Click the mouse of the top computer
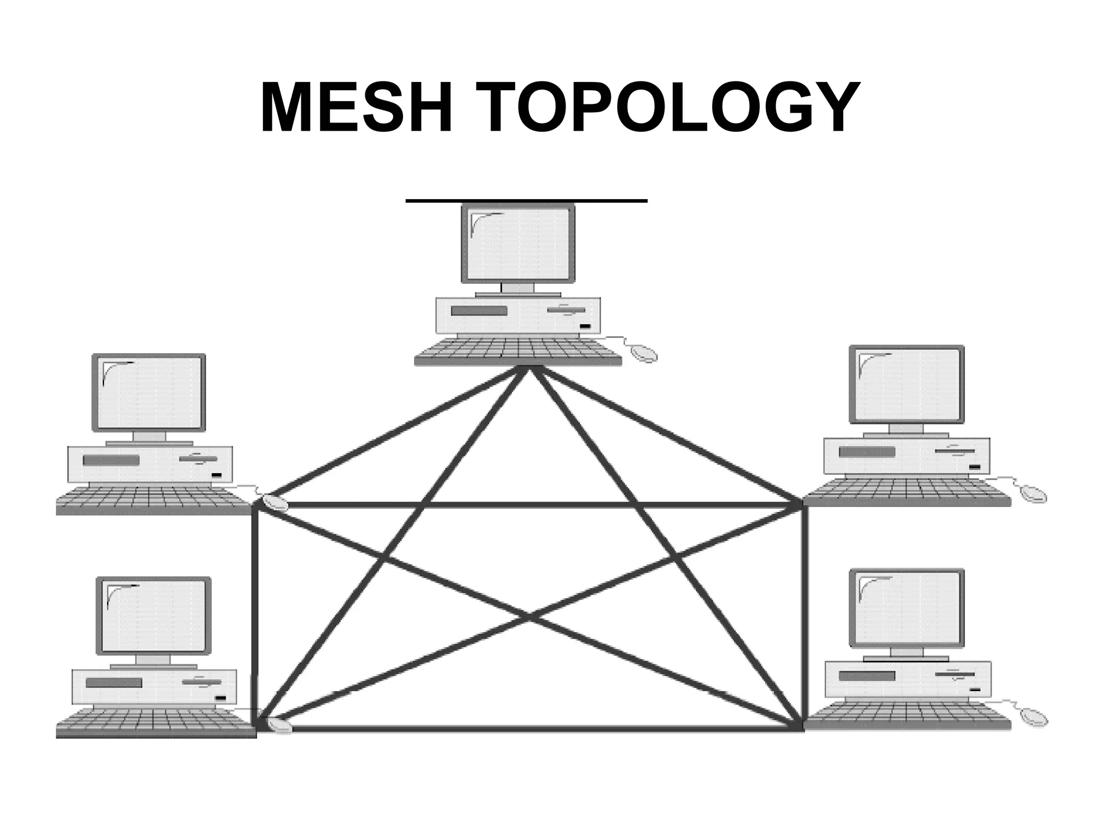tap(644, 353)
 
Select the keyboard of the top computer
tap(518, 351)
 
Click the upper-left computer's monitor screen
tap(149, 392)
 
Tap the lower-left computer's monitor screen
tap(153, 615)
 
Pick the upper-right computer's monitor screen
tap(906, 384)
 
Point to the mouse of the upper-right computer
tap(1033, 493)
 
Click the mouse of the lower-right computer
tap(1034, 716)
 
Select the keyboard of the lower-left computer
tap(156, 722)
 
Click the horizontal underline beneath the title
tap(526, 201)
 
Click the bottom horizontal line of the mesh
tap(528, 728)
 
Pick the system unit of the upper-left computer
tap(149, 464)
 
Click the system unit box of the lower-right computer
tap(907, 679)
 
